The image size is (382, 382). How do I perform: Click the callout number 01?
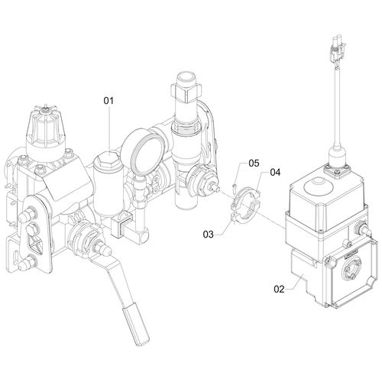point(108,99)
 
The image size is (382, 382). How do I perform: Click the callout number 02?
point(278,289)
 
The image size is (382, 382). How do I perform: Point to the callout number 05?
point(254,163)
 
